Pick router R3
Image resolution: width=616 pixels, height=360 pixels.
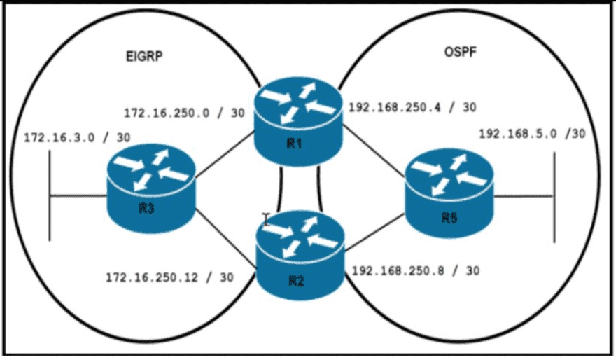click(150, 189)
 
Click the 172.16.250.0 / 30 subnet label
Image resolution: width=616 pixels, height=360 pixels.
click(183, 112)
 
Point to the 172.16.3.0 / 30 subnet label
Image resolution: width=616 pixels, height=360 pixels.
click(76, 137)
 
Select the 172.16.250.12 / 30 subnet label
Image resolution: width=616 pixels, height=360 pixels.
click(169, 277)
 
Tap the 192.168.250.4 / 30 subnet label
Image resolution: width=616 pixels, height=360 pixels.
click(412, 108)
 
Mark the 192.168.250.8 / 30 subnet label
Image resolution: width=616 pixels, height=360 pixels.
click(416, 270)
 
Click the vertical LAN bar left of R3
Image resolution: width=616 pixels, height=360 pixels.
click(50, 196)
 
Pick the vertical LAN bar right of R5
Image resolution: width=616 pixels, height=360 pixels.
click(554, 196)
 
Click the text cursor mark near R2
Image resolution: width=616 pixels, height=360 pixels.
click(266, 218)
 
